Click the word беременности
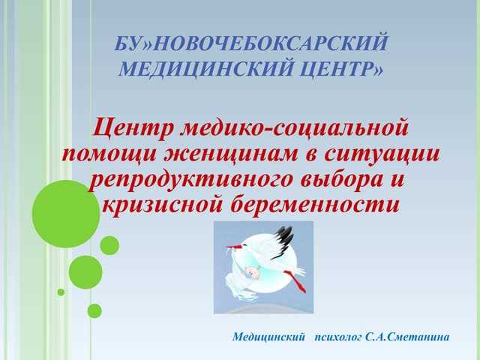tap(319, 205)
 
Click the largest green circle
tap(66, 214)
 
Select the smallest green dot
tap(61, 292)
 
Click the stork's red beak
tap(238, 247)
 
